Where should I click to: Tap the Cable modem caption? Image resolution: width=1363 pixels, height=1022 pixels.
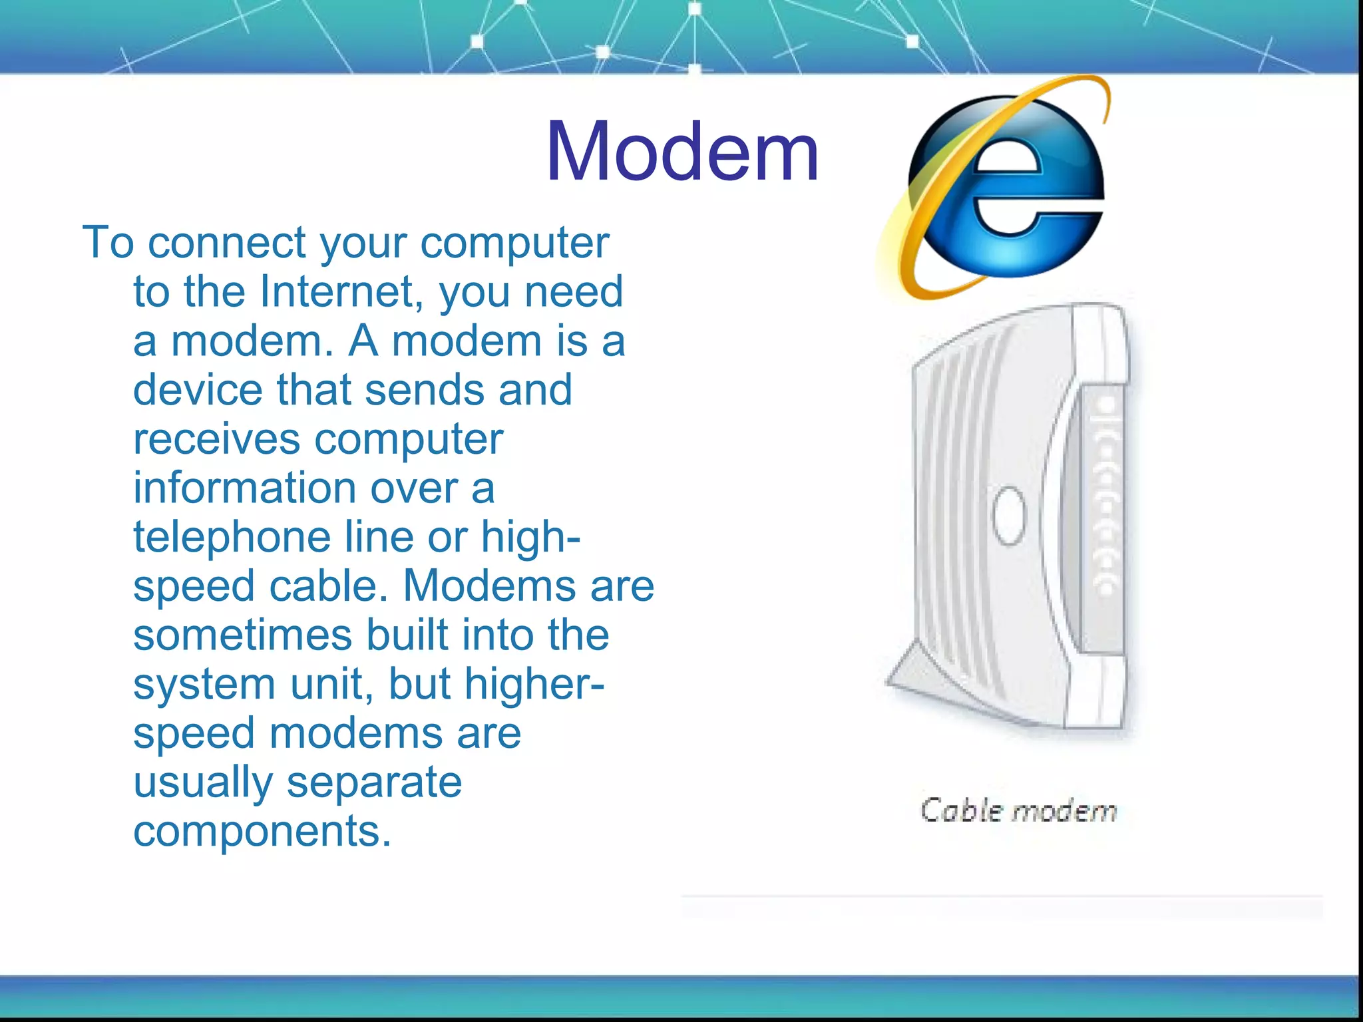tap(1018, 811)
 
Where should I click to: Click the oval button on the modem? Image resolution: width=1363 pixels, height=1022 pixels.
tap(1009, 516)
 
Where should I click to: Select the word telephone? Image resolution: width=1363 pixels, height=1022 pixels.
tap(232, 537)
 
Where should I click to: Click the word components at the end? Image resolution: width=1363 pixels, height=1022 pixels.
tap(262, 831)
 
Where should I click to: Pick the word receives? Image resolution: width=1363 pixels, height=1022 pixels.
tap(216, 439)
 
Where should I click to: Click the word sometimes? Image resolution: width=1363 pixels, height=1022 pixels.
tap(242, 635)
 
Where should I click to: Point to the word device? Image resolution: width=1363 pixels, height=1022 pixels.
tap(198, 390)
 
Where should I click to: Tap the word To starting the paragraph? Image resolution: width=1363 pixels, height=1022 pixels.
tap(108, 242)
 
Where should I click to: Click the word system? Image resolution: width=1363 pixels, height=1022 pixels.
tap(204, 684)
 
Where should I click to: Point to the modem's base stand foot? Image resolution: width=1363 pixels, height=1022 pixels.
tap(912, 672)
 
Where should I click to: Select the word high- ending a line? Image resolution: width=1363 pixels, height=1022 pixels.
tap(530, 537)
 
